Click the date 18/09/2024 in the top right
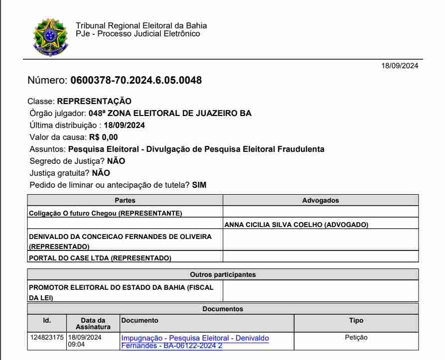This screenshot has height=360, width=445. point(400,66)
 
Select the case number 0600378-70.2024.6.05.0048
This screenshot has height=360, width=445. point(136,80)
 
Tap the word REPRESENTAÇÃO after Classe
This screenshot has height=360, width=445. point(94,102)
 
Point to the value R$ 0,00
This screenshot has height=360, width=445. point(104,137)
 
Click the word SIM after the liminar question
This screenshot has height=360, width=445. point(199,185)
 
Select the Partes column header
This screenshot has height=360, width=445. point(125,200)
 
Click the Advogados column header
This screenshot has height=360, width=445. point(320,200)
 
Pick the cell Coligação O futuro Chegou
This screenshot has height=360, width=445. point(106,214)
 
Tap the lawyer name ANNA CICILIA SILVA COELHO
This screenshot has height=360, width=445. point(296,225)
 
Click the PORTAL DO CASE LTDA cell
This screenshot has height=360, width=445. point(100,258)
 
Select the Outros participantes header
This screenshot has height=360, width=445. point(223,274)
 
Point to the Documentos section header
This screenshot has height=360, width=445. point(223,309)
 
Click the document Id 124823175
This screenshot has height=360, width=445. point(47,338)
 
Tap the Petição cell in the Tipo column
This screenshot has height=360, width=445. point(356,338)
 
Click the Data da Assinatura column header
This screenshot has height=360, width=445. point(93,324)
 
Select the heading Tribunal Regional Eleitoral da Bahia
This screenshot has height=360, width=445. point(141,26)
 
